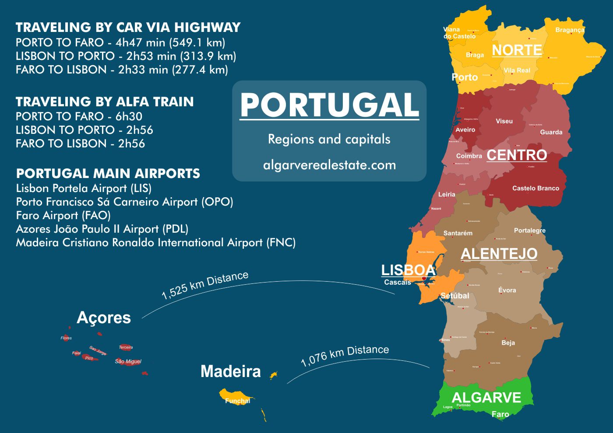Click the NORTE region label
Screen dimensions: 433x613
(x=517, y=50)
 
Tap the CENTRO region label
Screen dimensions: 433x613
(x=517, y=155)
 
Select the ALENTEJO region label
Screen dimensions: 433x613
(x=499, y=254)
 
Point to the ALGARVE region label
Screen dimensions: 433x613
(x=486, y=398)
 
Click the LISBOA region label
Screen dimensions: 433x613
(x=408, y=270)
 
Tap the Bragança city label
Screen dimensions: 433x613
(x=570, y=30)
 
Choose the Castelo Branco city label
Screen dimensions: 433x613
(x=535, y=188)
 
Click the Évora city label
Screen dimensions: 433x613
(x=507, y=290)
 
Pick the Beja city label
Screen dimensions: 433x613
(x=508, y=343)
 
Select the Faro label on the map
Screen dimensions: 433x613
(x=500, y=414)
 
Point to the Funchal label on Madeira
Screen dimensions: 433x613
(x=237, y=401)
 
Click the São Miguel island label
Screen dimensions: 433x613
(x=128, y=361)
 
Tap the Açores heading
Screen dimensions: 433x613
(x=104, y=318)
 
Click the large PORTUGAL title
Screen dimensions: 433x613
(x=329, y=105)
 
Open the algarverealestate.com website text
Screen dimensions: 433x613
(x=329, y=165)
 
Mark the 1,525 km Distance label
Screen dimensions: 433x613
(x=204, y=285)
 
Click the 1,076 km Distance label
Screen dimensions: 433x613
(x=345, y=355)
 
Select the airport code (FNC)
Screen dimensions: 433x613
(x=281, y=242)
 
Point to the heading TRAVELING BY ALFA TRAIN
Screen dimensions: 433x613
(x=105, y=102)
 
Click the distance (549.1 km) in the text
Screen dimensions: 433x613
(x=197, y=42)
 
